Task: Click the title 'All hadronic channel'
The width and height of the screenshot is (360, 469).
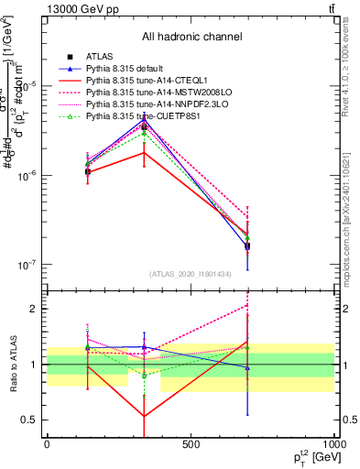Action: (191, 38)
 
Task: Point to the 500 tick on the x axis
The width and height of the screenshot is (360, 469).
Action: (191, 444)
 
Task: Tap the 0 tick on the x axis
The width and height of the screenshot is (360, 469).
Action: (47, 444)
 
